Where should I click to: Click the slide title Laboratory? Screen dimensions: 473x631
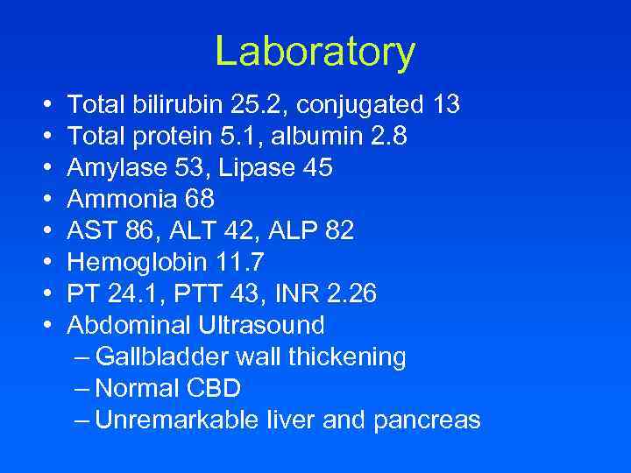315,52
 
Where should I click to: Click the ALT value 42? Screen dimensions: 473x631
233,231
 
